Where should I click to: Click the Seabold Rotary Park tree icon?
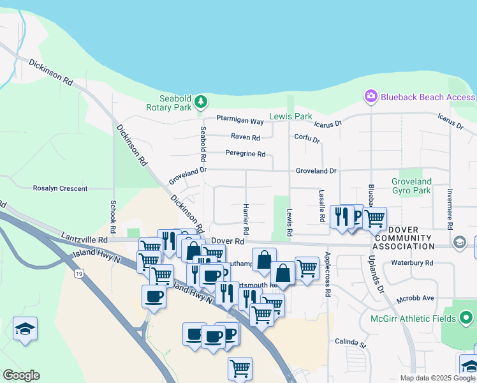(201, 101)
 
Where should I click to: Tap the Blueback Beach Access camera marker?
(371, 96)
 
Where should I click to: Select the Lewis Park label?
(291, 117)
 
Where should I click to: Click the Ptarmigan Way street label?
(240, 121)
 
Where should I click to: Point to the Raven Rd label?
(246, 137)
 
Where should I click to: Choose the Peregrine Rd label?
(245, 154)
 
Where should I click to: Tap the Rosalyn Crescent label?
(60, 188)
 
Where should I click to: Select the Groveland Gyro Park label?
(411, 186)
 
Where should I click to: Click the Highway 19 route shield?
(78, 274)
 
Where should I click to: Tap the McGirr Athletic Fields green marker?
(466, 318)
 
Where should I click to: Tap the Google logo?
(21, 375)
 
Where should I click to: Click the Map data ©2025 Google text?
(437, 378)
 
